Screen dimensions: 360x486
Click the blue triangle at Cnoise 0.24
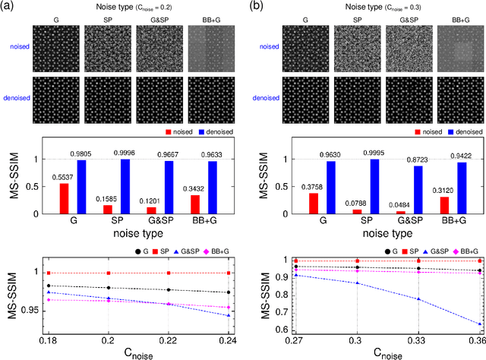tap(229, 316)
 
